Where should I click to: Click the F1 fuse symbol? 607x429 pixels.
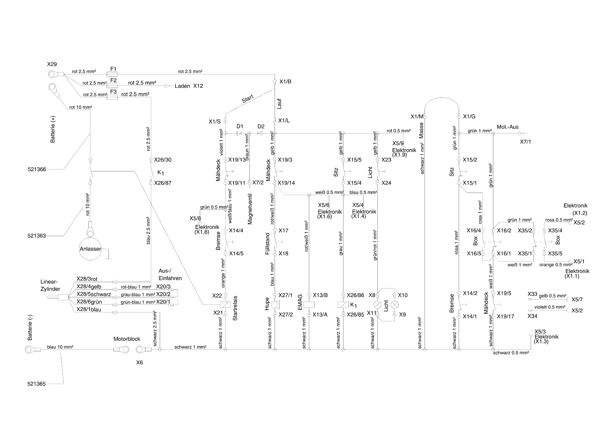point(113,74)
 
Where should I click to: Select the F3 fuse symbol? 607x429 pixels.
point(113,98)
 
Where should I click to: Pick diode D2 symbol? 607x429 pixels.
point(261,133)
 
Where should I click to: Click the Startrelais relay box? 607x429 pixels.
point(225,305)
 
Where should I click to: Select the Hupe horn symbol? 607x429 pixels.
point(276,305)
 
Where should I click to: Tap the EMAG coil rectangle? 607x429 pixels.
point(309,305)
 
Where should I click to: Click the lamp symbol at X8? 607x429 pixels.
point(378,305)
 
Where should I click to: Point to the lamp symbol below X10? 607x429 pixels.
point(395,305)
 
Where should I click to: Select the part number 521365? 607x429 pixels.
point(36,384)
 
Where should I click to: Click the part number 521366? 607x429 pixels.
point(37,169)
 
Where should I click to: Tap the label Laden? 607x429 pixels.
point(182,86)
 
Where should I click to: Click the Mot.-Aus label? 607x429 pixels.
point(508,127)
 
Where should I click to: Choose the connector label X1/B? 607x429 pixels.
point(285,82)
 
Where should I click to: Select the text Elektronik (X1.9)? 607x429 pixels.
point(404,153)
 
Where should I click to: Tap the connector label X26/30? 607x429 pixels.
point(162,160)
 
